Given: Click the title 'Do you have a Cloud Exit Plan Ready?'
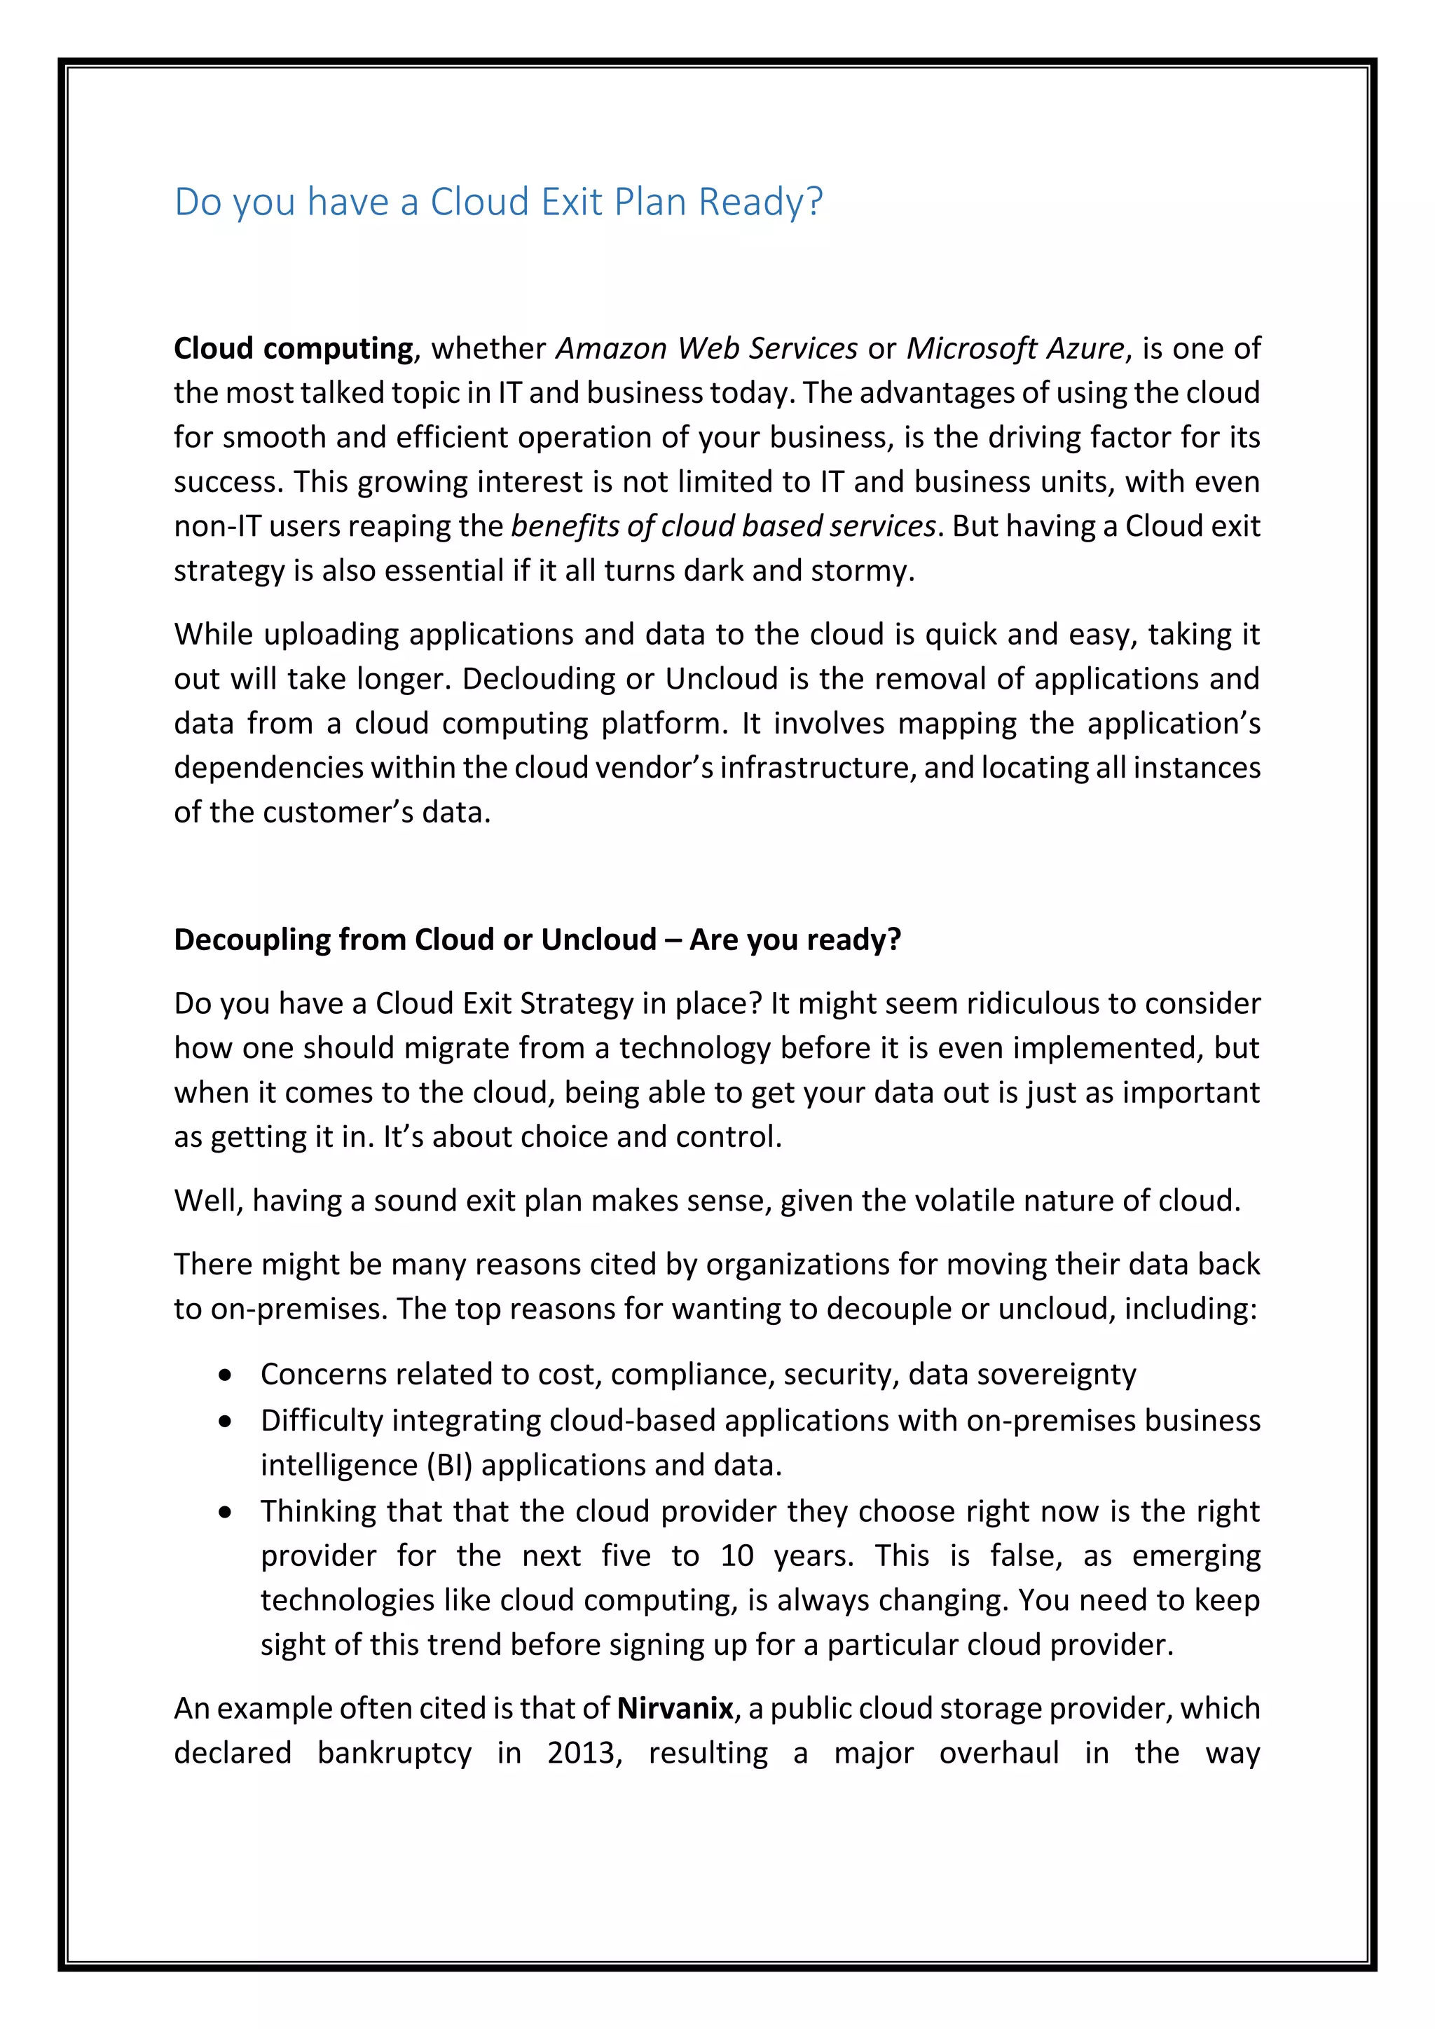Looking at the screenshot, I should (x=498, y=202).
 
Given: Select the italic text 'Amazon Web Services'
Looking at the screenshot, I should (x=706, y=349).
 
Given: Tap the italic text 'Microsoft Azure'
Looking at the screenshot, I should (x=1015, y=349).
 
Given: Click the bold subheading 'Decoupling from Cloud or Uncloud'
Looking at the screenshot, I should (x=414, y=940).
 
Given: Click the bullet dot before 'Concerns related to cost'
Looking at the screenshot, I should (x=227, y=1376).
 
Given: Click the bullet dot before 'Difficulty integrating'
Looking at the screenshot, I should (x=227, y=1422).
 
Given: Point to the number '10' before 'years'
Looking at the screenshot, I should (x=736, y=1556).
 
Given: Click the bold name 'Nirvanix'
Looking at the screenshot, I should (x=674, y=1709).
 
